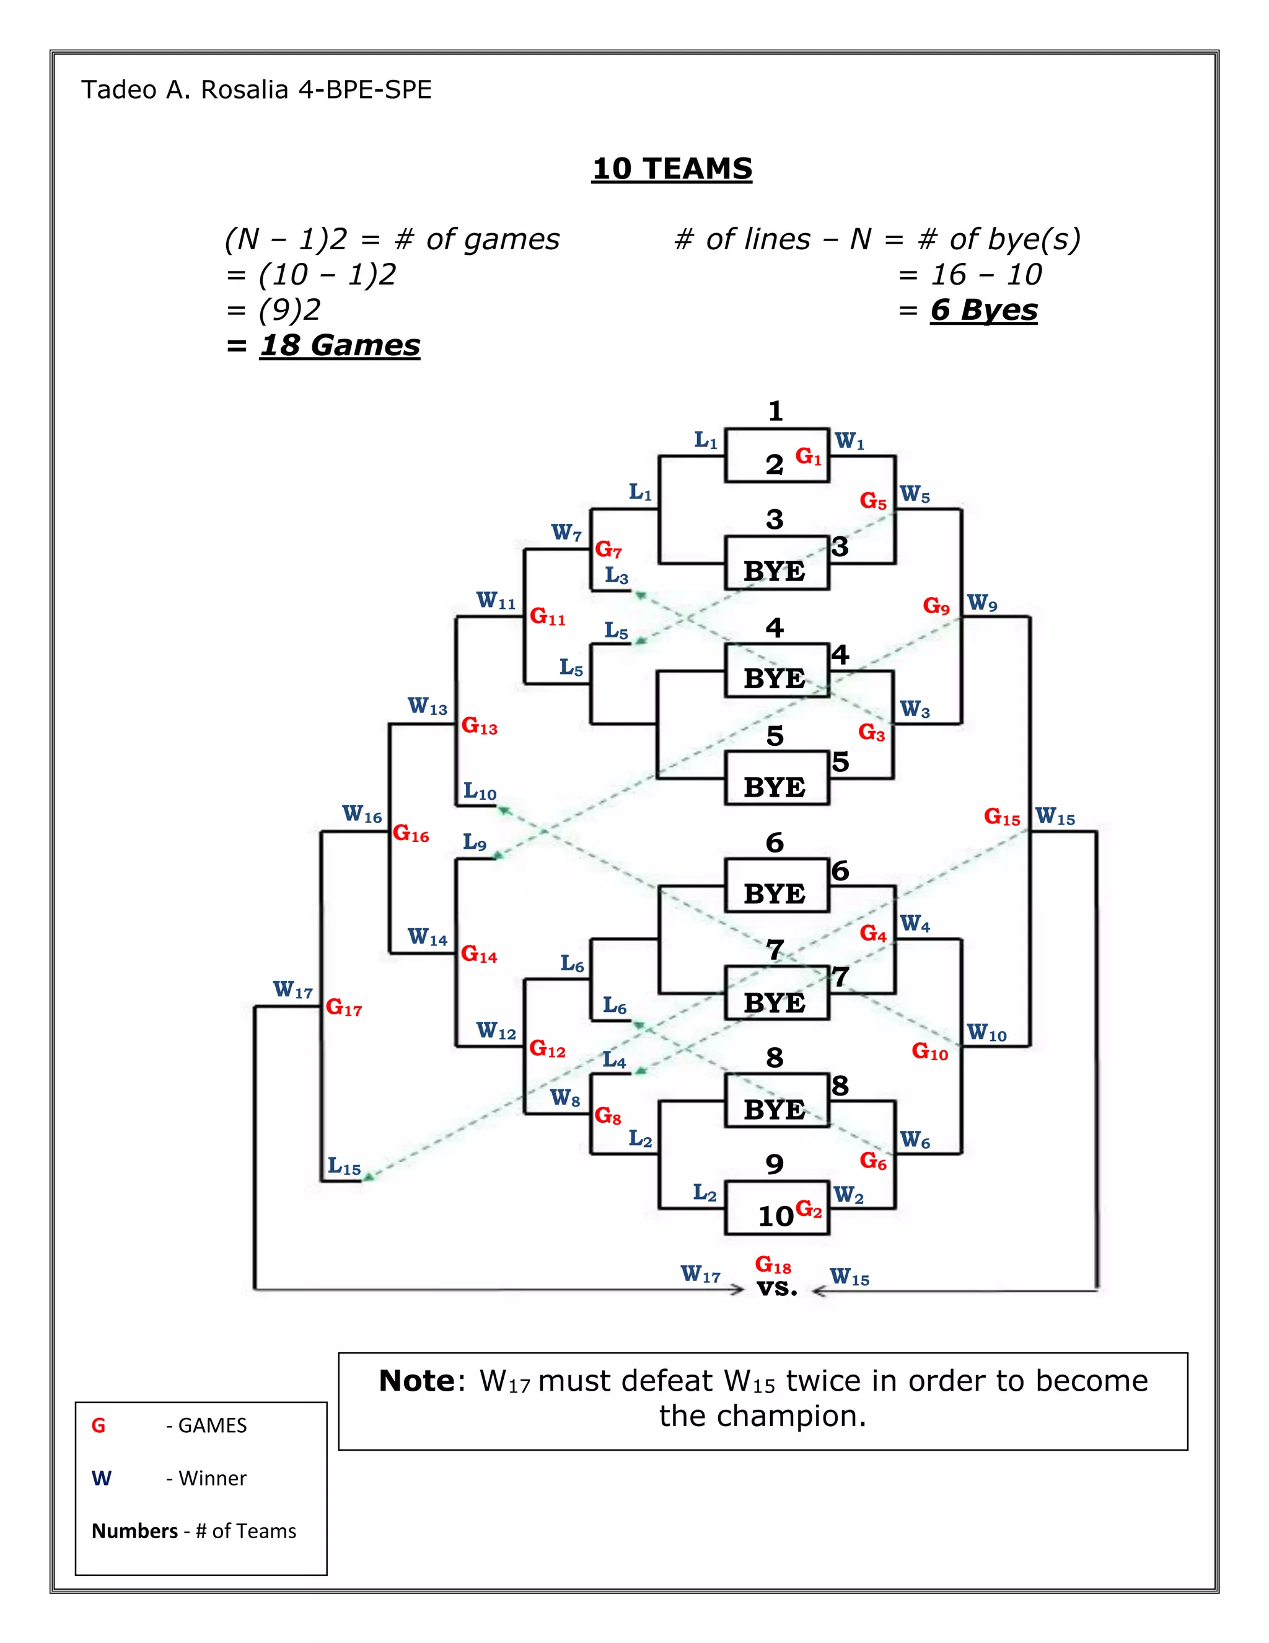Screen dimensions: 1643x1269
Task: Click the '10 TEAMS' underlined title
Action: click(x=671, y=169)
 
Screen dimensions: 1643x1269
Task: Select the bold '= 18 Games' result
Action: click(x=323, y=345)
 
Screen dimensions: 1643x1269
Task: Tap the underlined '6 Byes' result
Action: click(x=983, y=310)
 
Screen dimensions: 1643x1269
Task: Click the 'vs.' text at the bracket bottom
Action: click(x=776, y=1287)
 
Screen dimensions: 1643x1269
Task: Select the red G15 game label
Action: click(x=1001, y=817)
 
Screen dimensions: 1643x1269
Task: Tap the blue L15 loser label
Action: click(x=343, y=1167)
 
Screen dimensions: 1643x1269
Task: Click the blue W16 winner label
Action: click(x=362, y=814)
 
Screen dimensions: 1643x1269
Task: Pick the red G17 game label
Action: click(x=343, y=1008)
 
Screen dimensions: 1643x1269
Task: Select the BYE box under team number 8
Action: click(x=775, y=1110)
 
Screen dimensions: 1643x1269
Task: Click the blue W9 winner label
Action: click(x=982, y=603)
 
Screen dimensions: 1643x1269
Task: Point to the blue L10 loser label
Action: click(x=480, y=791)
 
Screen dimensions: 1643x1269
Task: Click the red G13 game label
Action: click(x=479, y=726)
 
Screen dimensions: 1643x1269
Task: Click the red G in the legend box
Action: click(x=99, y=1425)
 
